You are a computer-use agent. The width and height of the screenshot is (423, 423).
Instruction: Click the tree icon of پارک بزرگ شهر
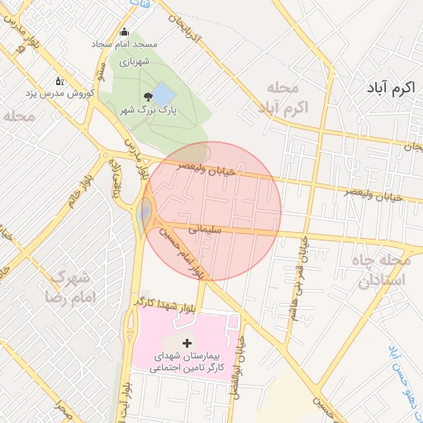148,96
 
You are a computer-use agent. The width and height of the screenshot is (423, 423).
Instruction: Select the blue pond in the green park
164,93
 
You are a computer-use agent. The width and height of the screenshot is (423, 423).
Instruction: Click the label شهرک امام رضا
72,285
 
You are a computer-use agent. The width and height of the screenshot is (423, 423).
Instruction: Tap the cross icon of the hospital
187,342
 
